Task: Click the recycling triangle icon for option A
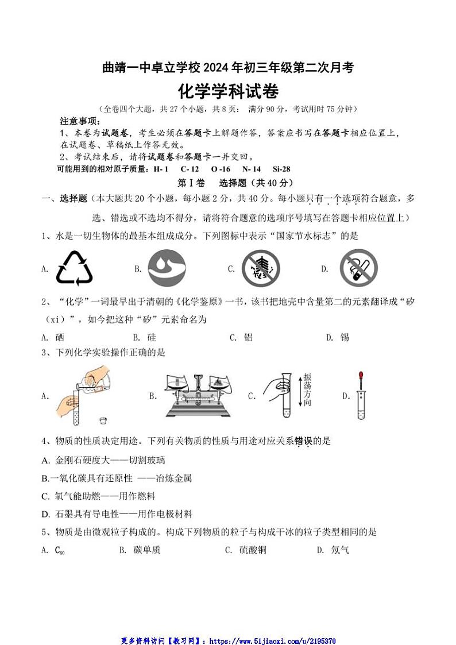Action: pos(74,268)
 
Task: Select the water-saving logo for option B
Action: pos(167,268)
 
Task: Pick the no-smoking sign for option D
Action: pos(358,268)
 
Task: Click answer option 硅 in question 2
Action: pos(152,337)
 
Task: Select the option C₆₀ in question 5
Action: pos(60,550)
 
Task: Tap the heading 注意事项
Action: pos(80,122)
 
